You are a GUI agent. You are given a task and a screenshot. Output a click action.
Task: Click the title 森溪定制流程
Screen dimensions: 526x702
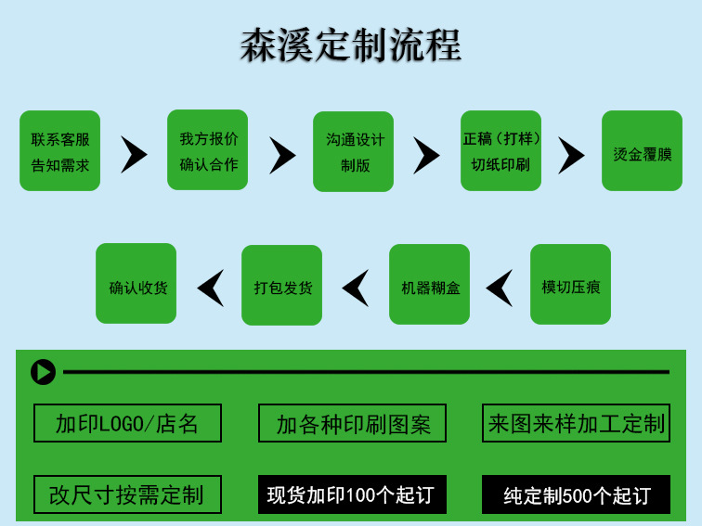(351, 45)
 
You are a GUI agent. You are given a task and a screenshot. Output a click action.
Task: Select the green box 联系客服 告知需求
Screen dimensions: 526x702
(60, 151)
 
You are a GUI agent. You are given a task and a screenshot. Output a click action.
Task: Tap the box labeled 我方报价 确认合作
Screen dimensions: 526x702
(208, 150)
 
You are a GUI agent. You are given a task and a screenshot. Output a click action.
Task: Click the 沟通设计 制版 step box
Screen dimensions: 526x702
(354, 152)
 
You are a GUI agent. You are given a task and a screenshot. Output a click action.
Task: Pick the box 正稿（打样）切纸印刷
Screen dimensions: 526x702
(501, 151)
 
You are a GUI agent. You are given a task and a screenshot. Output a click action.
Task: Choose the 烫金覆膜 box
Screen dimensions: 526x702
(642, 151)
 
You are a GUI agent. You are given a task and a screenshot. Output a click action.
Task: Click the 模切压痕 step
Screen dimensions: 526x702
(570, 285)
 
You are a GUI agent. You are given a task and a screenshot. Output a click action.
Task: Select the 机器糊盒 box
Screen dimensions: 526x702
(430, 285)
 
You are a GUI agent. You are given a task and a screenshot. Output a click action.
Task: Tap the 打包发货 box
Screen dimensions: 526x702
(282, 285)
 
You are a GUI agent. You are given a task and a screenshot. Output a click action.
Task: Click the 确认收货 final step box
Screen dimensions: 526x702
(136, 284)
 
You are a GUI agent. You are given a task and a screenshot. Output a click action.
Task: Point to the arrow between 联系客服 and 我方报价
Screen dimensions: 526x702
(134, 154)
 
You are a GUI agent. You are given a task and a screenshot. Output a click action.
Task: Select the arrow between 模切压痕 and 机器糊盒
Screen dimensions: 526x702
(500, 288)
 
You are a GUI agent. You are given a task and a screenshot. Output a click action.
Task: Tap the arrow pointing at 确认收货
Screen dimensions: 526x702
(211, 288)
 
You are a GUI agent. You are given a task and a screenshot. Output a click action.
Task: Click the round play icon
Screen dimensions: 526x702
(43, 372)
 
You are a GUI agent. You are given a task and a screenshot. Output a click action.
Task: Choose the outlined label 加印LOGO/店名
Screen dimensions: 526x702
(127, 424)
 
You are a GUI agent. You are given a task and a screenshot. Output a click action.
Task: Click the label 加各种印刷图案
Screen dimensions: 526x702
(353, 424)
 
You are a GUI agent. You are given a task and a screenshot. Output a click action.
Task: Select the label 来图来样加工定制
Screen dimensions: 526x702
(577, 423)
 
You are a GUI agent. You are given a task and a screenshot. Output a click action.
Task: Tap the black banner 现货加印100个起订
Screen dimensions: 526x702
(352, 494)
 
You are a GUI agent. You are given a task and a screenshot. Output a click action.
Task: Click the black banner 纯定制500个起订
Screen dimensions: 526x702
(577, 494)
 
